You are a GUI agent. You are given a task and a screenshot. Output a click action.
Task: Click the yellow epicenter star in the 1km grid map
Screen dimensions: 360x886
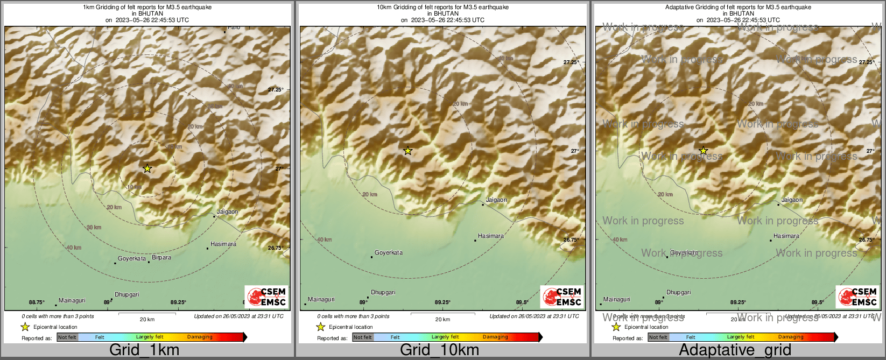[x=147, y=168]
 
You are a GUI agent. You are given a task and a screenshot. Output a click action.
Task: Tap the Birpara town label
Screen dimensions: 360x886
[x=161, y=258]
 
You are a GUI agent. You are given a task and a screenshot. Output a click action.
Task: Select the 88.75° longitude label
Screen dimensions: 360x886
[x=37, y=302]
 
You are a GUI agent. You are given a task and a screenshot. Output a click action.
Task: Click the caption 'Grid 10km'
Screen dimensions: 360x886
[x=439, y=350]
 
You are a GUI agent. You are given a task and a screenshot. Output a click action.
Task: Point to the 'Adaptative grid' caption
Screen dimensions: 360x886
[x=735, y=350]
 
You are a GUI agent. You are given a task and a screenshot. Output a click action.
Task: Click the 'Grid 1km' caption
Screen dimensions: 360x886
[x=144, y=350]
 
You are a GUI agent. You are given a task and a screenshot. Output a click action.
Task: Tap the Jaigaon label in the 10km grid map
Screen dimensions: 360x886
[x=496, y=200]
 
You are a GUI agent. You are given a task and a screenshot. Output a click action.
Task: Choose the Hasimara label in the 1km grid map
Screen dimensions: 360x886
[x=223, y=244]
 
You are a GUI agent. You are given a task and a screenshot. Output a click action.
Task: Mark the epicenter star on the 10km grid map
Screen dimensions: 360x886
[x=408, y=151]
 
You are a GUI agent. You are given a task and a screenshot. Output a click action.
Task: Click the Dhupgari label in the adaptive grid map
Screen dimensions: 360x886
[x=678, y=293]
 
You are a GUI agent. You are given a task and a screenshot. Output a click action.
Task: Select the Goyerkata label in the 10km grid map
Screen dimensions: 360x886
[x=389, y=253]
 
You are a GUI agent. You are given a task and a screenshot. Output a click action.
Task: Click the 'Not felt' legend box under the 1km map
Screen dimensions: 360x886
[x=67, y=337]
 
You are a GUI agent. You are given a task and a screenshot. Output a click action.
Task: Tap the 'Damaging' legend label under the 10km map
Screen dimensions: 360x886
[x=495, y=337]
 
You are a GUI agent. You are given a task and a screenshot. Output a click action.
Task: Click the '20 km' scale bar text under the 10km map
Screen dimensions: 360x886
[x=442, y=320]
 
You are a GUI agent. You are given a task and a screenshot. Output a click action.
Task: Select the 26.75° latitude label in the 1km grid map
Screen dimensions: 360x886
[x=276, y=248]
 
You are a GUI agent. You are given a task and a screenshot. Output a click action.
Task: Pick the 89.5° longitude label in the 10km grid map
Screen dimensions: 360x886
[x=522, y=302]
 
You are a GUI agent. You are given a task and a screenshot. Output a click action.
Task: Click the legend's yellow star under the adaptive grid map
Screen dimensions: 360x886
[x=616, y=327]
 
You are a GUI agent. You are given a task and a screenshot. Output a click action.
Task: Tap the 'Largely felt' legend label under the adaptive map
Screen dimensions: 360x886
[x=741, y=337]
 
